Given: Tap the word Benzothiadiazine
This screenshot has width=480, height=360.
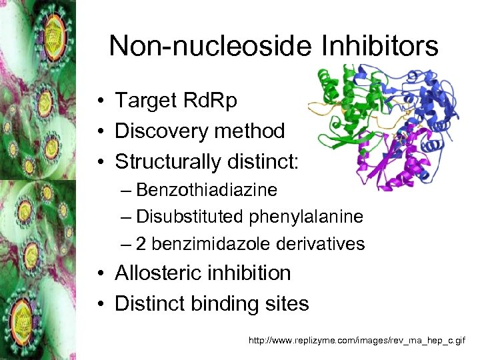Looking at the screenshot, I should pyautogui.click(x=206, y=190).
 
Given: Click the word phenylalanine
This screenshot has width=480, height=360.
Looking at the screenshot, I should pyautogui.click(x=307, y=217).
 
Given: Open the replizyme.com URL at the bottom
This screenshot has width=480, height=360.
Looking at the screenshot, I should pyautogui.click(x=357, y=341).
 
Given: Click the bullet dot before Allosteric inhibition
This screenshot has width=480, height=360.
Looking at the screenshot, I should pyautogui.click(x=98, y=274).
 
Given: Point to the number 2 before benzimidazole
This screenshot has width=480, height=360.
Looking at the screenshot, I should pyautogui.click(x=141, y=244).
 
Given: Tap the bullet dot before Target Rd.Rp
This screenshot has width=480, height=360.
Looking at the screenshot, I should pyautogui.click(x=98, y=101).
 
